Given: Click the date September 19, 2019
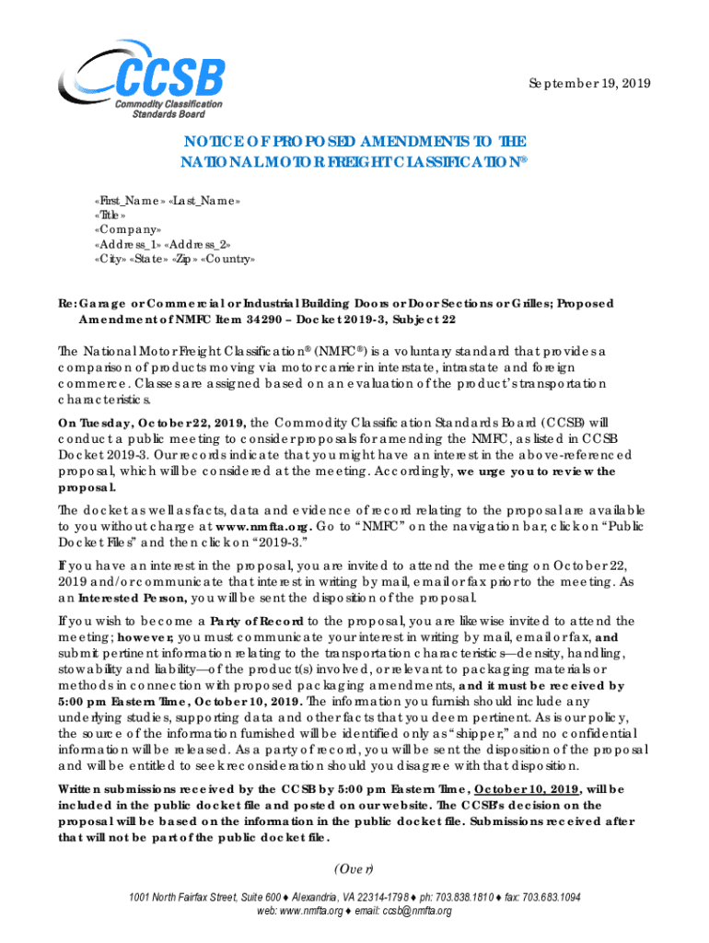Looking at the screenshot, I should click(589, 83).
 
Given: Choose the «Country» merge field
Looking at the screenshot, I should click(224, 260).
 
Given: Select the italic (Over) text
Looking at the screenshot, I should click(354, 868).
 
